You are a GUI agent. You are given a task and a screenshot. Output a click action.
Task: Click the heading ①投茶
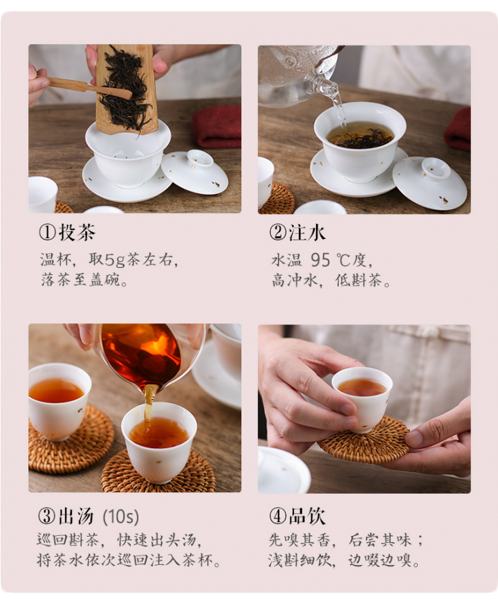pyautogui.click(x=67, y=232)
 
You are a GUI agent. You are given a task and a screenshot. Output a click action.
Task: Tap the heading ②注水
pyautogui.click(x=297, y=232)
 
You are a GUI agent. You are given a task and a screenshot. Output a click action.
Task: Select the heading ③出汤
pyautogui.click(x=66, y=516)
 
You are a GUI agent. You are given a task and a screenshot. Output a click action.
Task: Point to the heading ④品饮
pyautogui.click(x=297, y=516)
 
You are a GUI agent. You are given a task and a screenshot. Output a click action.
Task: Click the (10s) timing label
pyautogui.click(x=120, y=517)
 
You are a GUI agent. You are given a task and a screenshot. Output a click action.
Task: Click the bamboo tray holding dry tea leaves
pyautogui.click(x=126, y=88)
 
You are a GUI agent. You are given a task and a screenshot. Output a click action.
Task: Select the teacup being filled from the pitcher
pyautogui.click(x=158, y=442)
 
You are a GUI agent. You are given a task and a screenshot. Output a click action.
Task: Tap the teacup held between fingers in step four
pyautogui.click(x=362, y=398)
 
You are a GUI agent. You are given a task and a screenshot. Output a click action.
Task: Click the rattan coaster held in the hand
pyautogui.click(x=364, y=441)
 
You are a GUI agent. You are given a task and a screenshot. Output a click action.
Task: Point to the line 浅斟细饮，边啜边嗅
pyautogui.click(x=343, y=561)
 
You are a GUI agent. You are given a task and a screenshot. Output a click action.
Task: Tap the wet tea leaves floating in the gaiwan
pyautogui.click(x=361, y=140)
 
